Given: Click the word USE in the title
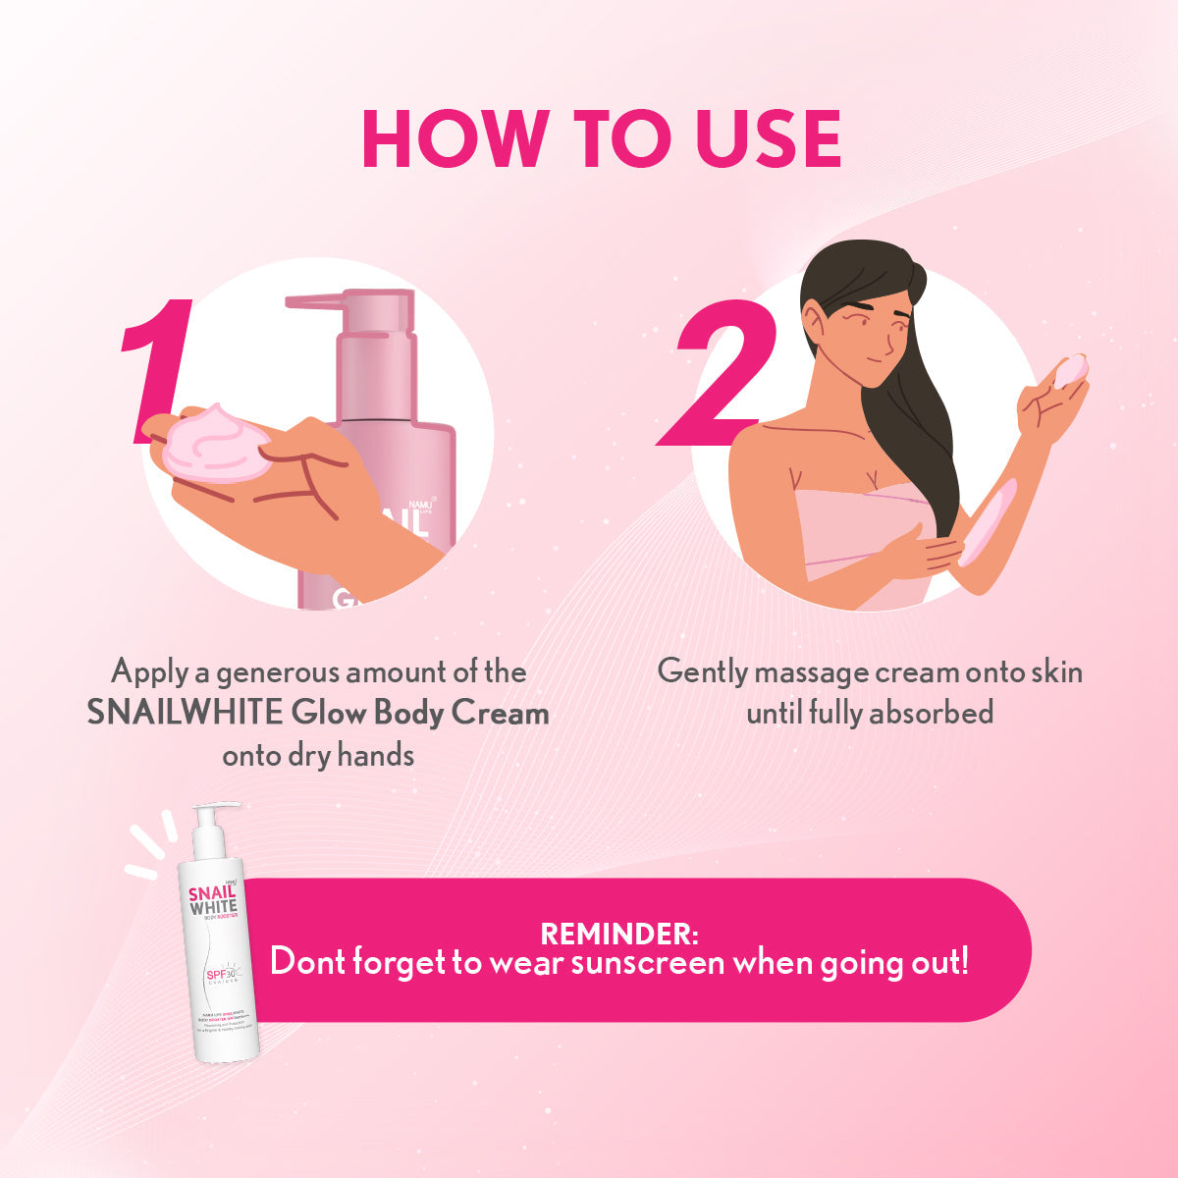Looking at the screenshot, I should tap(769, 138).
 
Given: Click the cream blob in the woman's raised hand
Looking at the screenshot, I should tap(1070, 370).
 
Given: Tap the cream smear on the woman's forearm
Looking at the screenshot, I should tap(986, 523).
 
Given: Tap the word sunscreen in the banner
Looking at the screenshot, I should tap(648, 963).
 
